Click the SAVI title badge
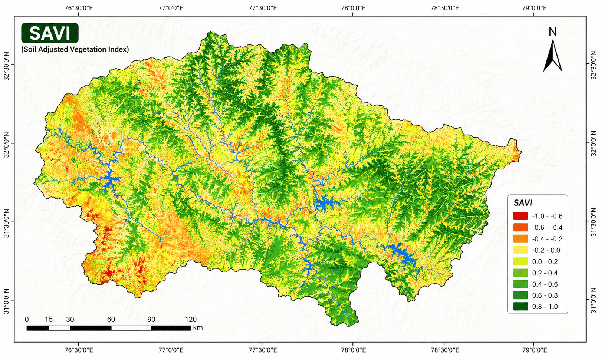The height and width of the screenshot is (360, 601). click(x=50, y=33)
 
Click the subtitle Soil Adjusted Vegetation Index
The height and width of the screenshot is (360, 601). click(x=75, y=49)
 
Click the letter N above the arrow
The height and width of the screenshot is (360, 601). click(x=552, y=32)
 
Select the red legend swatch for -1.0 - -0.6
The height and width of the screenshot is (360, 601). click(x=520, y=216)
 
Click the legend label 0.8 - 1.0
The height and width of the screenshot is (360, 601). click(x=545, y=307)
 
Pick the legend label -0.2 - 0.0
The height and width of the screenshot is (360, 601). click(x=546, y=250)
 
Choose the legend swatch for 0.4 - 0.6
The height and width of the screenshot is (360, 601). click(x=520, y=284)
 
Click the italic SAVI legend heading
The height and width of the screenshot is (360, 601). click(x=523, y=203)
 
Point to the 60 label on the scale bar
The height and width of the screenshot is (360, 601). click(x=111, y=319)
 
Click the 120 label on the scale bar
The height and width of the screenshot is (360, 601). click(x=191, y=319)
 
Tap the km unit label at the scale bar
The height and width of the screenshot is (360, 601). click(x=198, y=328)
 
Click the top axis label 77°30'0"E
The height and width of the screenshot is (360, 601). click(x=262, y=7)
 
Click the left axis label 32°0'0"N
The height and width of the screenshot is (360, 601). click(x=6, y=143)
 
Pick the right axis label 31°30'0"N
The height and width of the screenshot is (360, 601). click(x=594, y=222)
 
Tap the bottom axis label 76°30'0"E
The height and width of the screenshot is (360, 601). click(x=79, y=350)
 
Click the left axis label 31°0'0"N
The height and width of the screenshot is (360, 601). click(x=6, y=301)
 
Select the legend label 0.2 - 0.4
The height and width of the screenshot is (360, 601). click(x=545, y=273)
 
